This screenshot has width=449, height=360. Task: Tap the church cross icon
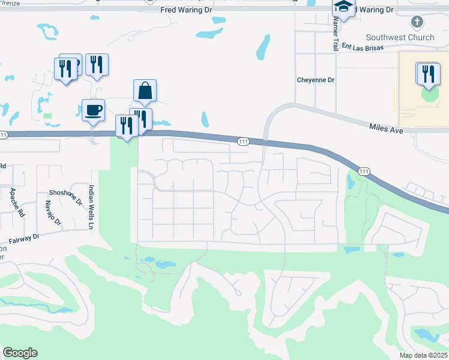tap(417, 23)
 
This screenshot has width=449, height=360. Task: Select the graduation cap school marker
tap(344, 8)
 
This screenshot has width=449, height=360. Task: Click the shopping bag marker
tap(145, 91)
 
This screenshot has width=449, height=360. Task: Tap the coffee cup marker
tap(93, 110)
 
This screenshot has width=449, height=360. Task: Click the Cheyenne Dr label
tap(315, 80)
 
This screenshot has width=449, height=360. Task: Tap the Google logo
tap(20, 353)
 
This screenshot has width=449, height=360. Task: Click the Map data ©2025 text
tap(423, 355)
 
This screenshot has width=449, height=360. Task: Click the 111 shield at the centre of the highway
tap(243, 142)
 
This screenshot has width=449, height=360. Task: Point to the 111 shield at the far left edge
tap(4, 135)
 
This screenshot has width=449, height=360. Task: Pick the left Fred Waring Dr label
tap(187, 10)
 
